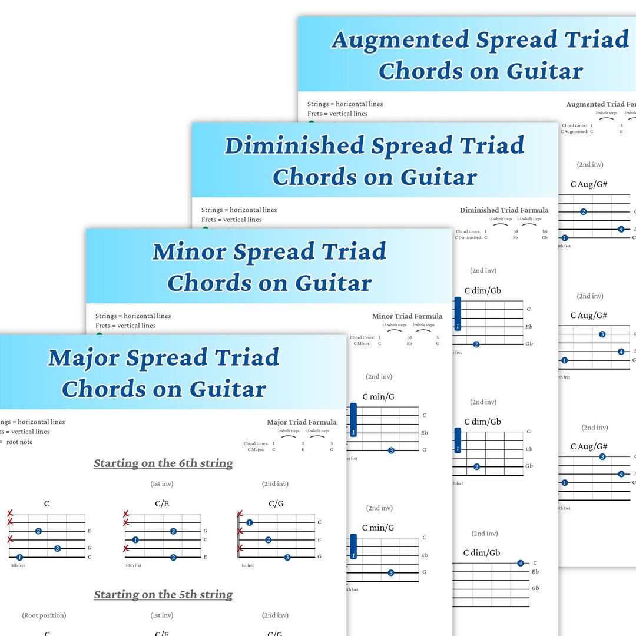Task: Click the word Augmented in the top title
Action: pyautogui.click(x=400, y=39)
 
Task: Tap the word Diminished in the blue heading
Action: pyautogui.click(x=294, y=145)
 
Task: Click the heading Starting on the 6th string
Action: pyautogui.click(x=163, y=463)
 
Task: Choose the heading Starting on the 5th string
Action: pyautogui.click(x=163, y=595)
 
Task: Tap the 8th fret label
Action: pyautogui.click(x=18, y=565)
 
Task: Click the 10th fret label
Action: pyautogui.click(x=134, y=565)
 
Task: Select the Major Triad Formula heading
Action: pyautogui.click(x=302, y=422)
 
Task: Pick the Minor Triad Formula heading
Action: pyautogui.click(x=407, y=316)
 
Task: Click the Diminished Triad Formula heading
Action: pyautogui.click(x=503, y=210)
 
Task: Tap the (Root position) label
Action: pyautogui.click(x=44, y=615)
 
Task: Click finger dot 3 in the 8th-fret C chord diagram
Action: pyautogui.click(x=57, y=549)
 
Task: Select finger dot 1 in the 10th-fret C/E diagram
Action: pyautogui.click(x=135, y=540)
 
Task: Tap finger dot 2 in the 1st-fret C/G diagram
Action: pyautogui.click(x=268, y=540)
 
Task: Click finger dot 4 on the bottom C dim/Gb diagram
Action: pyautogui.click(x=521, y=564)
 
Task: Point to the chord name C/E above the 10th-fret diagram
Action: pyautogui.click(x=162, y=503)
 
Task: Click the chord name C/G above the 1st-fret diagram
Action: pyautogui.click(x=276, y=503)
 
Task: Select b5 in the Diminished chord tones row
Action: pyautogui.click(x=545, y=232)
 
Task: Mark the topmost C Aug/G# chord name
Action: pyautogui.click(x=589, y=184)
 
